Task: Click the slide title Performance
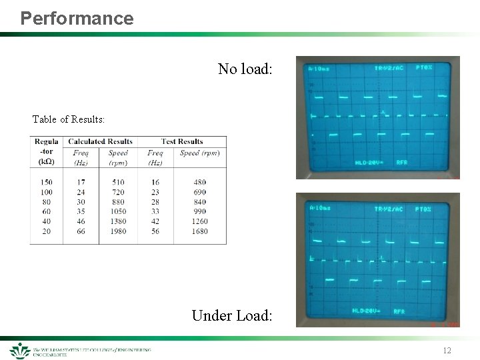tap(77, 18)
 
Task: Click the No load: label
tap(245, 69)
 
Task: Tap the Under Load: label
tap(231, 315)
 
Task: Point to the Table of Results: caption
tap(68, 119)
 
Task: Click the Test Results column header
tap(182, 141)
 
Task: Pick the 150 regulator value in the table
tap(46, 182)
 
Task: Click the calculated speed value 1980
tap(118, 231)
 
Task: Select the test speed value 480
tap(199, 182)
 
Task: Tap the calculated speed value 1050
tap(118, 211)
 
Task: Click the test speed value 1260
tap(199, 221)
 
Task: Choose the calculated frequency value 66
tap(81, 231)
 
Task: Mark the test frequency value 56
tap(155, 231)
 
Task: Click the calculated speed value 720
tap(118, 192)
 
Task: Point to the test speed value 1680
tap(199, 231)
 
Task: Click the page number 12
tap(447, 351)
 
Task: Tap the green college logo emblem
tap(19, 351)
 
